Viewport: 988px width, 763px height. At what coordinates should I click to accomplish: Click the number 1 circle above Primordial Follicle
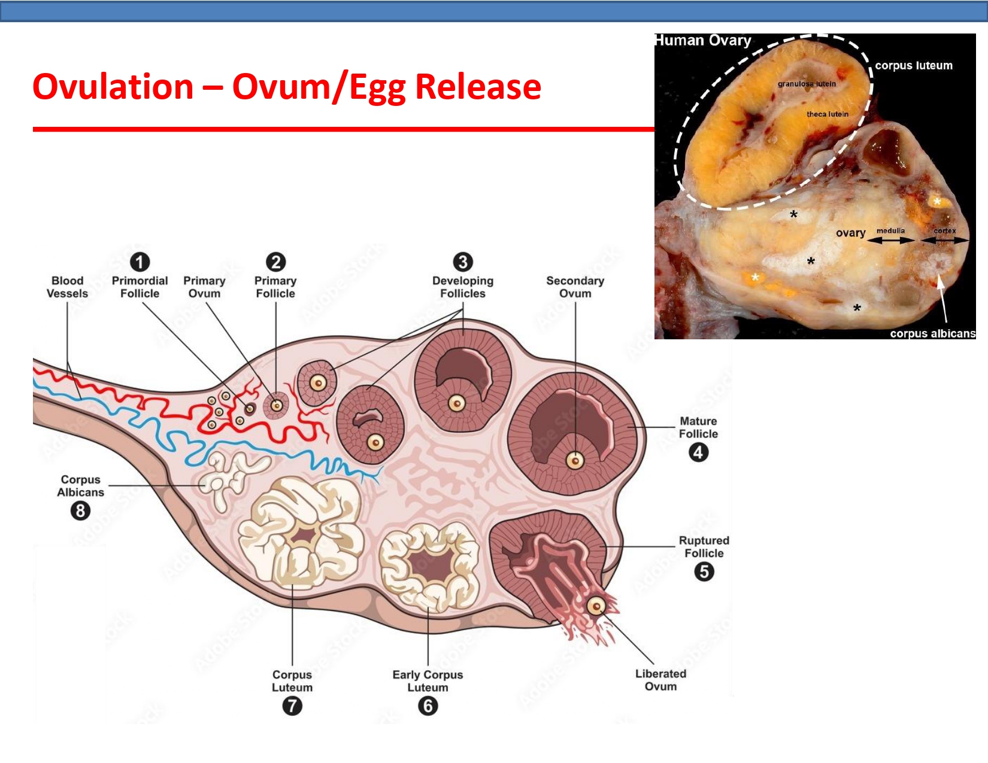coord(140,262)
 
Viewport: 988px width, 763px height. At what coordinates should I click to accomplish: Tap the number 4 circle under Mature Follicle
coord(698,452)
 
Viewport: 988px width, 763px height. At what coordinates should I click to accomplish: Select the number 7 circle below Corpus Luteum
coord(292,706)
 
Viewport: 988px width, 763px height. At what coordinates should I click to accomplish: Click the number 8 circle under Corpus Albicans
coord(80,511)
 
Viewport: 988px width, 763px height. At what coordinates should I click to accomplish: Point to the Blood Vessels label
coord(67,287)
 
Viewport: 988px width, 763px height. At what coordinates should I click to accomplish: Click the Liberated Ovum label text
coord(660,680)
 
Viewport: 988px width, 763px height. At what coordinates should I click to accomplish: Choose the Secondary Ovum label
coord(575,287)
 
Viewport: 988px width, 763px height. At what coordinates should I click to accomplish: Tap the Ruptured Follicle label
coord(704,547)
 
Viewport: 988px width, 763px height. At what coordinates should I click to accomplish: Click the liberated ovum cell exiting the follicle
coord(596,606)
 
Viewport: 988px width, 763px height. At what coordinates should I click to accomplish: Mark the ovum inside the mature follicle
coord(575,461)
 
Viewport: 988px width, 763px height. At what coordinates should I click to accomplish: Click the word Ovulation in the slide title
coord(113,87)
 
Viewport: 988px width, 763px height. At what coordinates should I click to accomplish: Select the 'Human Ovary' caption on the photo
coord(703,41)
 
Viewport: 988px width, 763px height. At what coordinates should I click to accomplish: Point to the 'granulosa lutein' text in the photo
coord(807,84)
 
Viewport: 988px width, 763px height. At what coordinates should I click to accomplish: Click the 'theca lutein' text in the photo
coord(827,114)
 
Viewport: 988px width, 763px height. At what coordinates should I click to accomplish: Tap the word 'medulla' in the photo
coord(890,231)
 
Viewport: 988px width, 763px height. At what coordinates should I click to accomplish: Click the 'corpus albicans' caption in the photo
coord(932,333)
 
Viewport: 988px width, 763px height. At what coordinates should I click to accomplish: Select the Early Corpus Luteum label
coord(428,681)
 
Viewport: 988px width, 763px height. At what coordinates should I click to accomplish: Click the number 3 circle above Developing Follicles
coord(463,262)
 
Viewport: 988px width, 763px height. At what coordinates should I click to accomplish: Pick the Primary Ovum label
coord(204,287)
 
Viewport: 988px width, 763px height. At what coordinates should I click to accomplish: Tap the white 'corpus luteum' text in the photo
coord(914,66)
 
